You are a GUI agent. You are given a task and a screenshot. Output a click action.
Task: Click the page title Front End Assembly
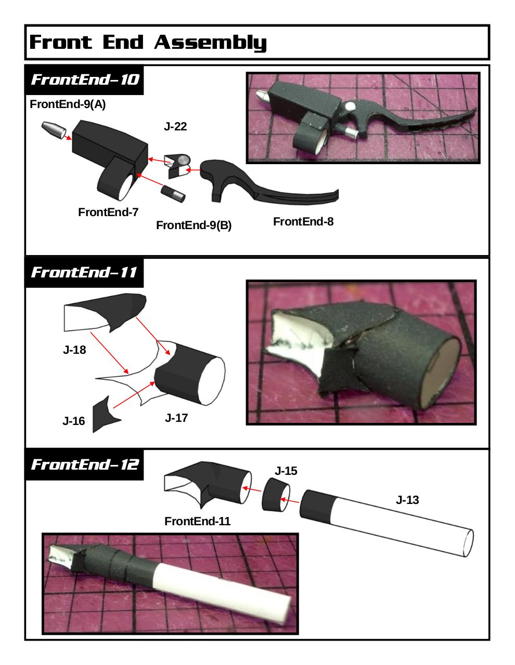click(x=148, y=42)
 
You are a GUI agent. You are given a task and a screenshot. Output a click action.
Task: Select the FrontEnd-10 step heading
click(x=85, y=79)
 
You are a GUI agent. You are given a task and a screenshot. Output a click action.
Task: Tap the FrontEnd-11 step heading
click(x=84, y=272)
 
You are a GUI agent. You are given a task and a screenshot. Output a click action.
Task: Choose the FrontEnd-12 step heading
click(x=85, y=464)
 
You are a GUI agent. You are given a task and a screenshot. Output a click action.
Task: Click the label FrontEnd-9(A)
click(x=68, y=104)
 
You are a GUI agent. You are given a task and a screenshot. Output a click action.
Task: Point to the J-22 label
click(x=175, y=126)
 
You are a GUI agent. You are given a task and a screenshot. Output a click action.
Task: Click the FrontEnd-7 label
click(x=108, y=212)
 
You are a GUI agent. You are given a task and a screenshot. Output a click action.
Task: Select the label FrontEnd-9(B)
click(x=194, y=225)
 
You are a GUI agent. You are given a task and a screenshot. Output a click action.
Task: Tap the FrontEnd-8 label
click(x=303, y=221)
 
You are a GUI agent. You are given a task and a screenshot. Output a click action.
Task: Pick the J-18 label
click(x=74, y=350)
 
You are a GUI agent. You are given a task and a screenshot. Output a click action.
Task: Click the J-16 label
click(x=73, y=421)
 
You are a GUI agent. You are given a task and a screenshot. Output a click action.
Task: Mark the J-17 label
click(x=176, y=418)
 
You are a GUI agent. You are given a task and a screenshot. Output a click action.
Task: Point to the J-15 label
click(x=286, y=471)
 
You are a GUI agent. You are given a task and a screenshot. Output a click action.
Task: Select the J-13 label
click(x=407, y=500)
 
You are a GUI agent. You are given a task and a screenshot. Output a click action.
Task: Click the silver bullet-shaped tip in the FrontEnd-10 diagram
click(x=54, y=130)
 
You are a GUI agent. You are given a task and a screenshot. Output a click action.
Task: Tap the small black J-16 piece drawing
click(x=104, y=415)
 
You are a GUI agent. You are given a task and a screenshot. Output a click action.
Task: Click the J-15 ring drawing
click(x=275, y=495)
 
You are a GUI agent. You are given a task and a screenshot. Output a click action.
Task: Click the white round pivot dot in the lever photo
click(x=350, y=107)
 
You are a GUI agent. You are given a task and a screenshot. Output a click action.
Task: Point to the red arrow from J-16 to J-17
click(x=134, y=395)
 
